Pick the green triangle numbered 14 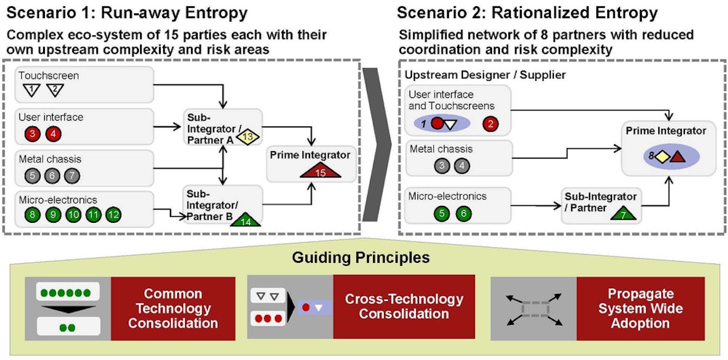pyautogui.click(x=246, y=220)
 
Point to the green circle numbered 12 pyautogui.click(x=113, y=214)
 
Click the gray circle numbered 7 pyautogui.click(x=72, y=175)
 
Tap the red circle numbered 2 pyautogui.click(x=491, y=124)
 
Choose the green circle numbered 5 pyautogui.click(x=443, y=214)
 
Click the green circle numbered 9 pyautogui.click(x=53, y=214)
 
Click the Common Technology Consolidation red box pyautogui.click(x=173, y=308)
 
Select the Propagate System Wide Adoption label pyautogui.click(x=640, y=308)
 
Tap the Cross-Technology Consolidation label pyautogui.click(x=404, y=307)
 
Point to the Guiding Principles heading pyautogui.click(x=361, y=257)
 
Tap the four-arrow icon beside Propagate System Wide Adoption pyautogui.click(x=533, y=308)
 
